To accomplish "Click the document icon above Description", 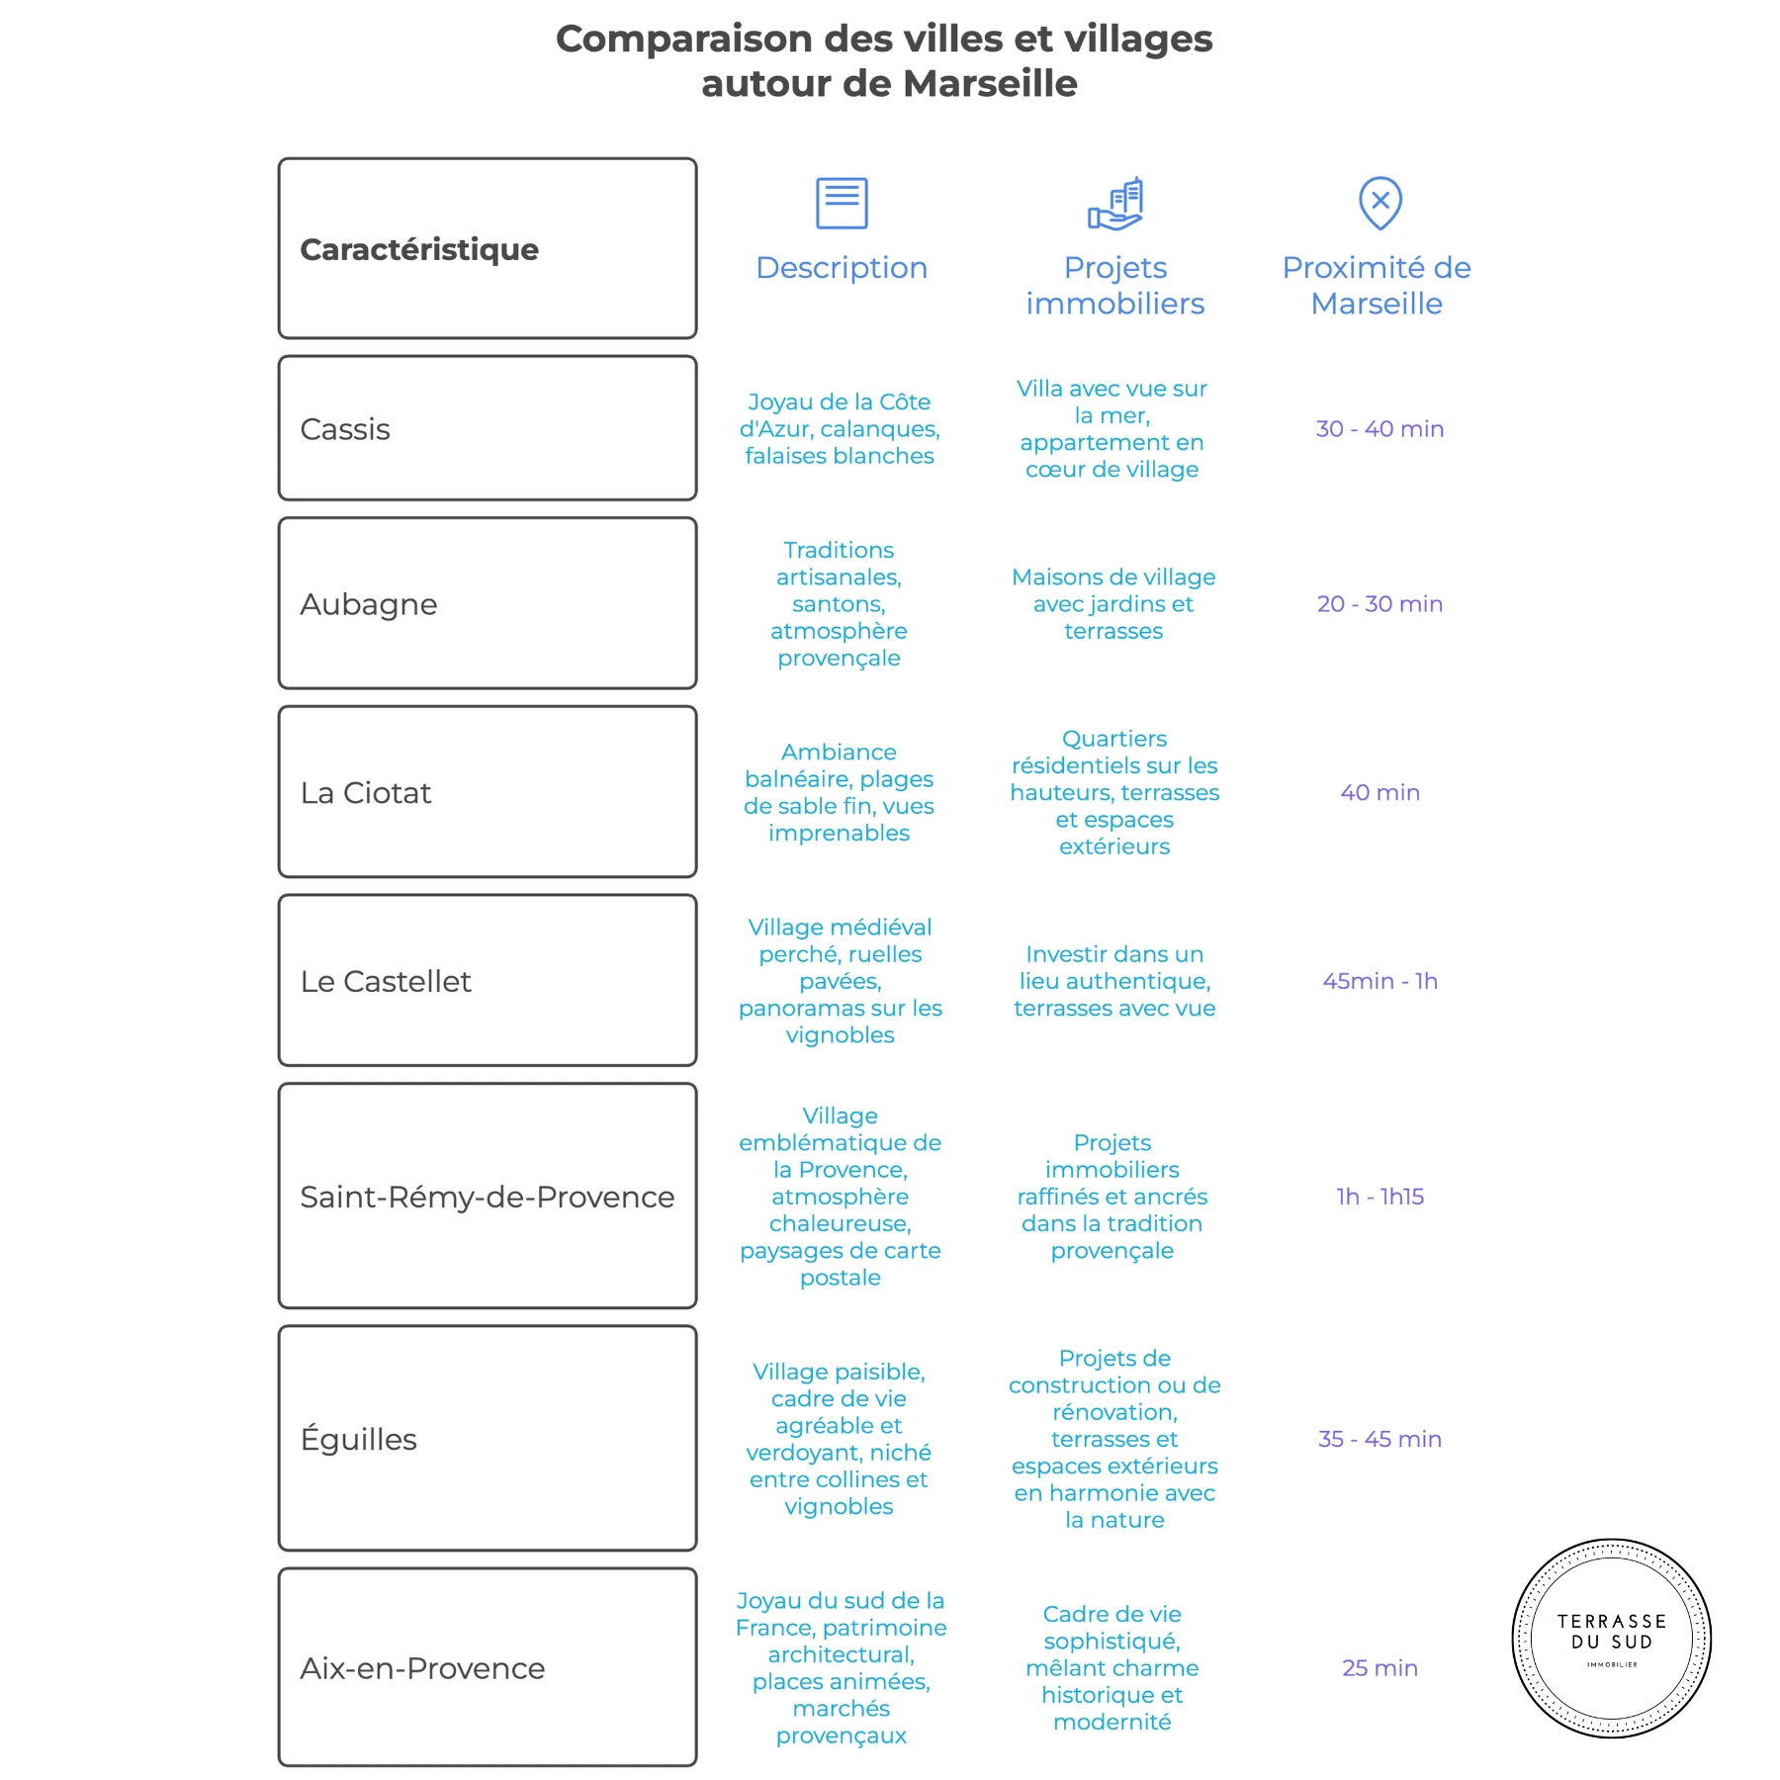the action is (842, 203).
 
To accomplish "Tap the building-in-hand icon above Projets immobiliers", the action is (1115, 204).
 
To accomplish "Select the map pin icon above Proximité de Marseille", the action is (1380, 203).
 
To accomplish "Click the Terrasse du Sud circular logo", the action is (1612, 1639).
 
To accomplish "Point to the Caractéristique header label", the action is (419, 249).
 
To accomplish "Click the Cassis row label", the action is (345, 429).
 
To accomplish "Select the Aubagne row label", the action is (369, 604).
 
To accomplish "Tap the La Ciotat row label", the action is (366, 793).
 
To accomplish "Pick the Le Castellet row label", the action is (386, 981).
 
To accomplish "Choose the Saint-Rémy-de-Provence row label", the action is (488, 1197).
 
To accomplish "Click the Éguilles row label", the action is (359, 1439).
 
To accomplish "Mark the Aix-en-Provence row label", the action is (422, 1668).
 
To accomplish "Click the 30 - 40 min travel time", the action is (1379, 429).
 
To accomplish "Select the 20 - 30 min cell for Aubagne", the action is (1379, 604).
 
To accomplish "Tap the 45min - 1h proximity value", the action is (1379, 981).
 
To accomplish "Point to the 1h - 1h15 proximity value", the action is (1379, 1197).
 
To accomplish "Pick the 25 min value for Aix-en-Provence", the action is (1379, 1668).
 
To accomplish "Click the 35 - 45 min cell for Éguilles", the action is (1379, 1439).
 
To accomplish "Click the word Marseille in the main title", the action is (990, 83).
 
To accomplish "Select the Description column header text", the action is (842, 268).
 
